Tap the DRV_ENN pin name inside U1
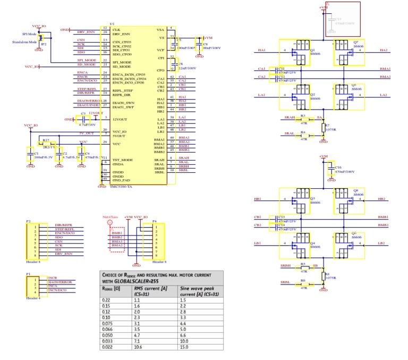(x=122, y=34)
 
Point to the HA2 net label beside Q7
(x=384, y=50)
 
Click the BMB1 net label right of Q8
(x=384, y=217)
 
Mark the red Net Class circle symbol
(x=110, y=223)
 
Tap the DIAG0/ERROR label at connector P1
(x=59, y=281)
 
